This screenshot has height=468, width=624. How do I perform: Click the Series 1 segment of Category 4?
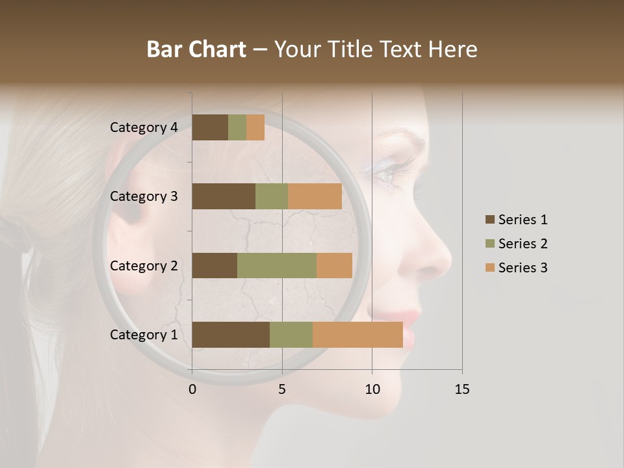click(x=210, y=127)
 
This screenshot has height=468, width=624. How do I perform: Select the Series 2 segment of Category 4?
click(x=237, y=127)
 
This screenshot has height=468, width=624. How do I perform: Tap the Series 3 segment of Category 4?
click(x=255, y=127)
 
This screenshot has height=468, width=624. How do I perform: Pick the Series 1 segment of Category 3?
click(x=224, y=196)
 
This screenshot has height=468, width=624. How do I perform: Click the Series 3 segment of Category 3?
click(x=315, y=196)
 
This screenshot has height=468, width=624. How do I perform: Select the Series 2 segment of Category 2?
click(x=277, y=265)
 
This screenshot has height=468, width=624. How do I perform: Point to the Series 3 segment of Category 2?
click(x=334, y=265)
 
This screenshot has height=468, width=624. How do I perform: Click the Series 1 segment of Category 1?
click(x=231, y=335)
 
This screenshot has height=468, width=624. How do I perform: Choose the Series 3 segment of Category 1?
click(x=357, y=335)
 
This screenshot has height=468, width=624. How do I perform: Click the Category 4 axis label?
click(x=144, y=127)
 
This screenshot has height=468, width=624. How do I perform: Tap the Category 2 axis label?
click(x=144, y=265)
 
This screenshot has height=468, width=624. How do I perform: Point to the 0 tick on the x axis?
click(x=192, y=389)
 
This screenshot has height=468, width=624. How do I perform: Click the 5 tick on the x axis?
click(x=282, y=389)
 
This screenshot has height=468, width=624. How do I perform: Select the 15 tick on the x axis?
click(x=461, y=389)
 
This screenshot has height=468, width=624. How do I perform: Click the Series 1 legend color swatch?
click(x=490, y=220)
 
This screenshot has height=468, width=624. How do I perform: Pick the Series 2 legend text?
click(x=523, y=244)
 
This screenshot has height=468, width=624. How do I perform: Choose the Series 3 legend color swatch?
click(x=490, y=268)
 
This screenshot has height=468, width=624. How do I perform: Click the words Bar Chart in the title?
click(x=196, y=49)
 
